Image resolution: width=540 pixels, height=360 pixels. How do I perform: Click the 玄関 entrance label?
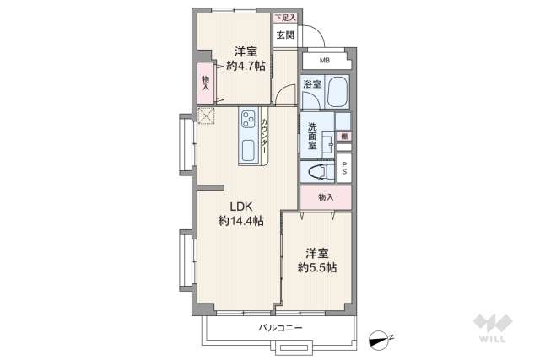click(284, 35)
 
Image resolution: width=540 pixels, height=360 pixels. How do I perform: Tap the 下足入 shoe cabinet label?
click(284, 16)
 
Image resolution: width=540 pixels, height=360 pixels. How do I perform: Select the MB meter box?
click(323, 60)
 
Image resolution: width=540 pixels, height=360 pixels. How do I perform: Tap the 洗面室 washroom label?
click(312, 136)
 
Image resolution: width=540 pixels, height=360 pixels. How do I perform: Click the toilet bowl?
click(318, 172)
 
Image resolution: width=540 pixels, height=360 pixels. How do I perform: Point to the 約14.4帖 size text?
click(240, 221)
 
